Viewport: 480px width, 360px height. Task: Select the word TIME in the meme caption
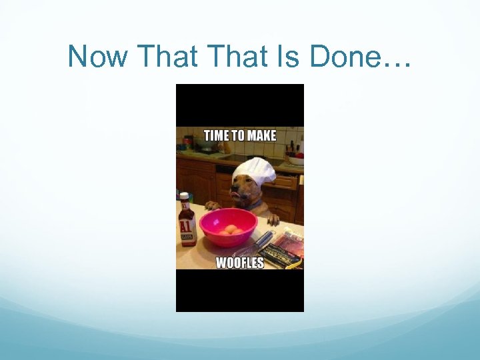click(216, 135)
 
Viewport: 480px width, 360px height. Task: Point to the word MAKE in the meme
click(261, 135)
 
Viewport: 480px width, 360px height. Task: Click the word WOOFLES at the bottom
click(239, 262)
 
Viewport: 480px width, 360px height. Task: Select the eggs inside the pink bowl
click(232, 230)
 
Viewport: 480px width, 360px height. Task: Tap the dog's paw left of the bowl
click(211, 205)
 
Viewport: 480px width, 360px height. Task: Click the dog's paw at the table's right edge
click(273, 219)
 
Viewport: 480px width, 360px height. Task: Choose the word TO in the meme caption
click(237, 135)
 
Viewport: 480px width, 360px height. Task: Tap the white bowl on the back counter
click(295, 160)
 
